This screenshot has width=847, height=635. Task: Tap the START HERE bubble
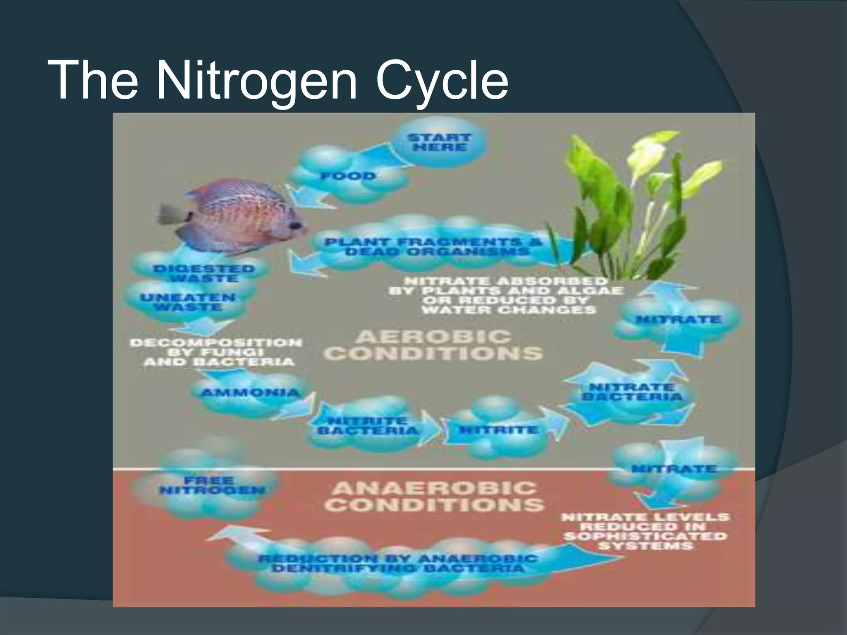[439, 143]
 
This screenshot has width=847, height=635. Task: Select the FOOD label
[348, 176]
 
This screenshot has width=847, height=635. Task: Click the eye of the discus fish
[295, 226]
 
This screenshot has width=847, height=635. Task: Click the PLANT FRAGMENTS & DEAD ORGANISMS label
[433, 247]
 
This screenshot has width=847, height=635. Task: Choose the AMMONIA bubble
[250, 392]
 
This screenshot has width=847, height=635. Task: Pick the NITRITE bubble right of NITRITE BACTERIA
[499, 430]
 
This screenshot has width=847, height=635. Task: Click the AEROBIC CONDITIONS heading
[433, 345]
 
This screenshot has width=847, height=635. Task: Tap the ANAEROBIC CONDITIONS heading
[436, 497]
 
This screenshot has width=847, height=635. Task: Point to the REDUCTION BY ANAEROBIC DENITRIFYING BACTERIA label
[397, 563]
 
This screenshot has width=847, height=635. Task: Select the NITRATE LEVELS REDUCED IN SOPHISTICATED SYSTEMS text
[645, 532]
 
